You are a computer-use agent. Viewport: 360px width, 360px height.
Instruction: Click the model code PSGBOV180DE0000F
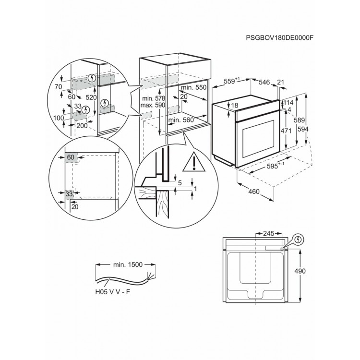[279, 37]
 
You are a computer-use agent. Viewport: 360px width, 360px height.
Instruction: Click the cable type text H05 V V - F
[112, 292]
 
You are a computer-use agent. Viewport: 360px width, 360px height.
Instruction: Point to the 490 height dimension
[300, 271]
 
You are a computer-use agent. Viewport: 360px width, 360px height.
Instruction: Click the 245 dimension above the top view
[269, 233]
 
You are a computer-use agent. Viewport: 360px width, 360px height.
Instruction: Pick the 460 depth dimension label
[254, 191]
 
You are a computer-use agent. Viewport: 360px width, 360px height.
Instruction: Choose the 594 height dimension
[303, 129]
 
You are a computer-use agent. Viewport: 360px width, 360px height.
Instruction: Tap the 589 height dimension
[300, 120]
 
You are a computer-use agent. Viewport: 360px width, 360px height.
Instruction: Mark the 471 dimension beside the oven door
[286, 131]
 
